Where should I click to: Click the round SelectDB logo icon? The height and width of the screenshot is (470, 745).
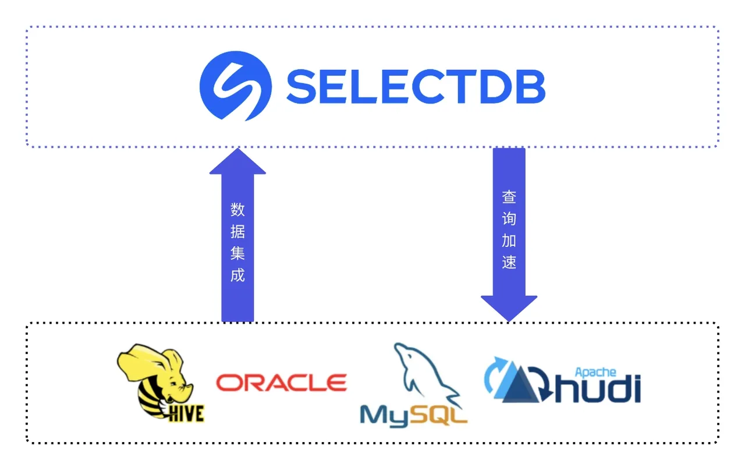(235, 85)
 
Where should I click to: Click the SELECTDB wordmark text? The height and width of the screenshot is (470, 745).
(416, 86)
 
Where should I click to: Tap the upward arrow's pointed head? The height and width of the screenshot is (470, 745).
(237, 162)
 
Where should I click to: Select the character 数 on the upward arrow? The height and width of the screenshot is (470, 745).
(237, 209)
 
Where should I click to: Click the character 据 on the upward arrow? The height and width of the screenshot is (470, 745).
(237, 231)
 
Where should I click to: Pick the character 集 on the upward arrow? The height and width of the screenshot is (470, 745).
(237, 253)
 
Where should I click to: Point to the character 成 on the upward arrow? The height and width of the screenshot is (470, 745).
(237, 275)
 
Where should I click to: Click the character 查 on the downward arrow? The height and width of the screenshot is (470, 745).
(509, 197)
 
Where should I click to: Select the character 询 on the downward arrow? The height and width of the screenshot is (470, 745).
(509, 219)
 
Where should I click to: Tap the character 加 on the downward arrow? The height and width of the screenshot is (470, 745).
(509, 241)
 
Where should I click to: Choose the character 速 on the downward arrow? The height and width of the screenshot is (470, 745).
(509, 263)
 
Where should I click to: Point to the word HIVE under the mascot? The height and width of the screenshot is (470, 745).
(185, 413)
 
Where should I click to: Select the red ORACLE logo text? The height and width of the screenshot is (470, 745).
(282, 383)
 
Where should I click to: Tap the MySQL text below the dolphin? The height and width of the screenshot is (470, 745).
(413, 414)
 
